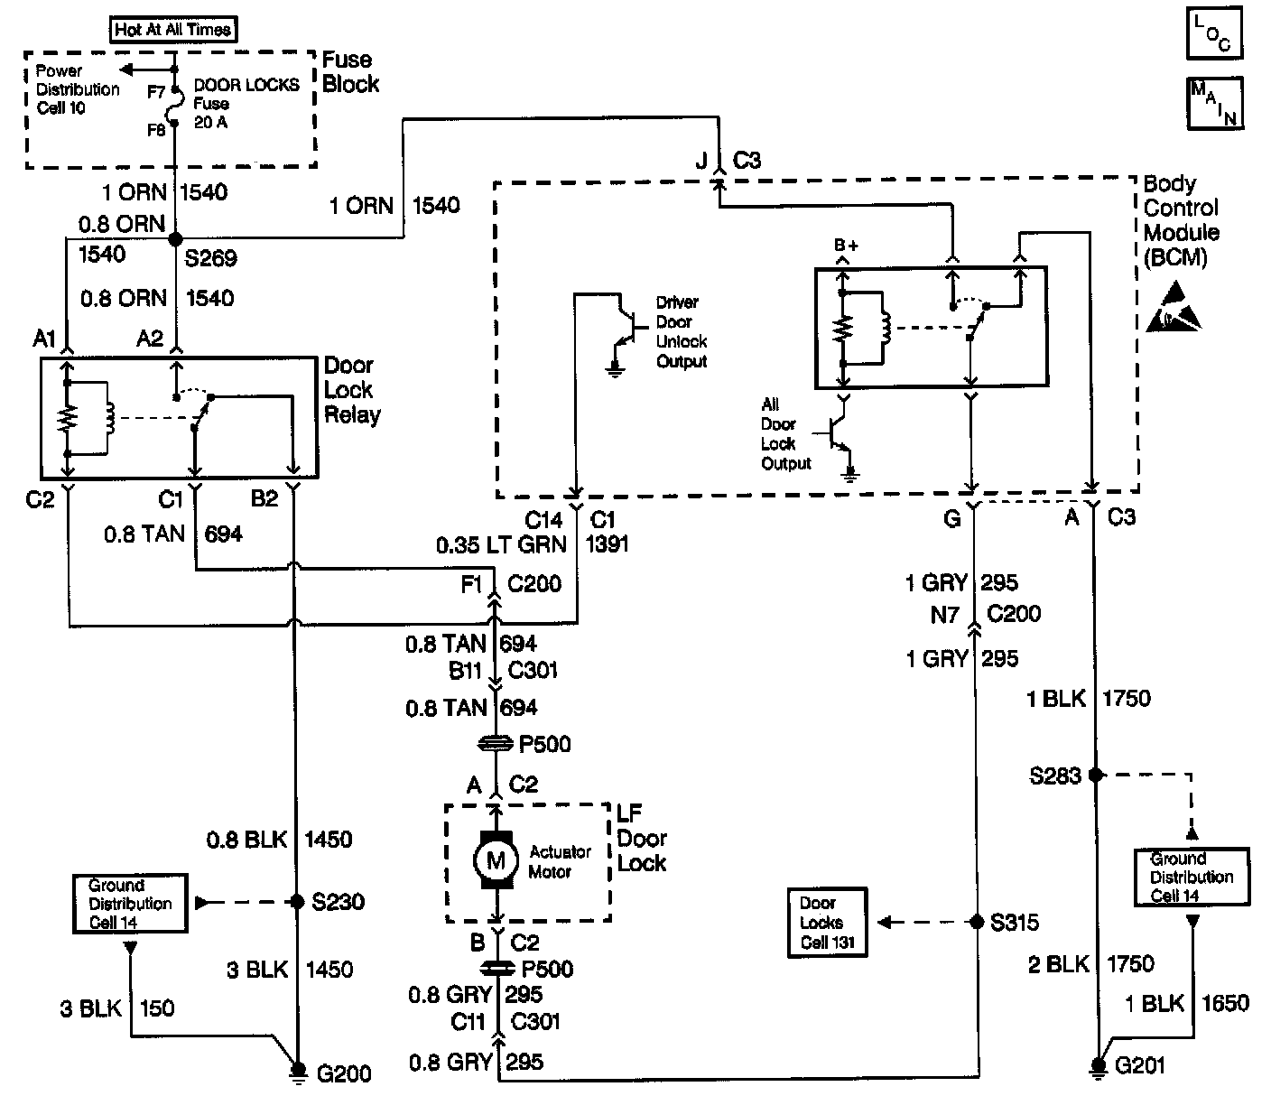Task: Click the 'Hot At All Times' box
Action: [172, 29]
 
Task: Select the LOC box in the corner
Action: [1214, 33]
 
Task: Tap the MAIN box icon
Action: [1214, 102]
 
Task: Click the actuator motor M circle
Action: [496, 860]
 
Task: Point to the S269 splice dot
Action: [175, 238]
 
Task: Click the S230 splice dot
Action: [295, 901]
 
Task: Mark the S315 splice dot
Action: [976, 922]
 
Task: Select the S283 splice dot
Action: [1095, 775]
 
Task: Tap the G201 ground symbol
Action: [1097, 1067]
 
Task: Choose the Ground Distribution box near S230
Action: [130, 903]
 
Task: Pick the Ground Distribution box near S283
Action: [1192, 877]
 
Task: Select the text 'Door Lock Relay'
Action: [351, 390]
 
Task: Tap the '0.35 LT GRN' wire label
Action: [501, 544]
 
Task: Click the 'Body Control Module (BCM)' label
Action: [1181, 220]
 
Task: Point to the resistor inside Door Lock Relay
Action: [67, 417]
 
